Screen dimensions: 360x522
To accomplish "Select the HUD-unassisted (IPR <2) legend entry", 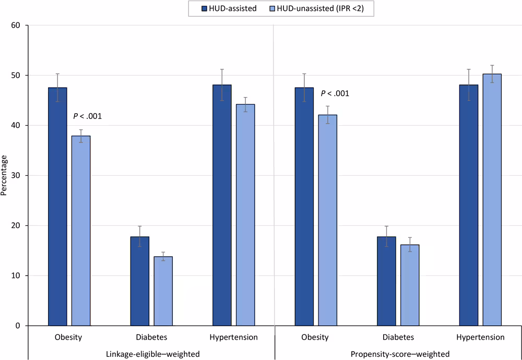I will [312, 8].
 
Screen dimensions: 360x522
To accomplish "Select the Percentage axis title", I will [4, 175].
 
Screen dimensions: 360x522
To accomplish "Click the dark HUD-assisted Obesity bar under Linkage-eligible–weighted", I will [57, 206].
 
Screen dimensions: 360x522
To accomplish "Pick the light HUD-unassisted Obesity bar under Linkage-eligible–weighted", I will [81, 231].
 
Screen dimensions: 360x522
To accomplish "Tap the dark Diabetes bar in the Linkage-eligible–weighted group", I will [140, 281].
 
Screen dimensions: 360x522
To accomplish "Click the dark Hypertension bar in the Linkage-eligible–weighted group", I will [222, 205].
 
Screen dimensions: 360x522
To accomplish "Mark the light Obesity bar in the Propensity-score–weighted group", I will [327, 220].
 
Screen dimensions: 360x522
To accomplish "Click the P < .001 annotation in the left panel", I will [87, 116].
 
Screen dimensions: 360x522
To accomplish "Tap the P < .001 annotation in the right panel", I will [335, 94].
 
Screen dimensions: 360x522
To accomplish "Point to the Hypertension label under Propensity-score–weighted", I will [480, 337].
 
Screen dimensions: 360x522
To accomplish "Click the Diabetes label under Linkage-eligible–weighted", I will [151, 337].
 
